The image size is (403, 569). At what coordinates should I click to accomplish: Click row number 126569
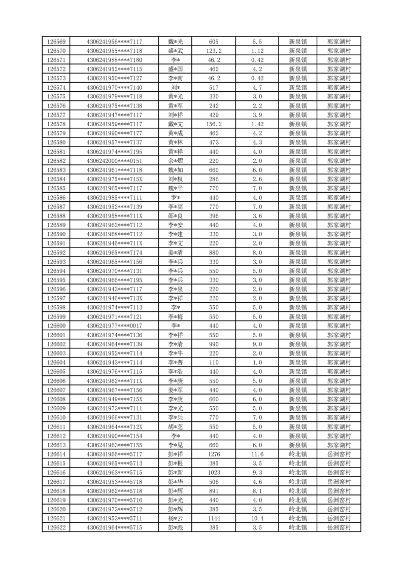coord(56,42)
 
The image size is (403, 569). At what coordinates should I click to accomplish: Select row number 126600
coord(56,326)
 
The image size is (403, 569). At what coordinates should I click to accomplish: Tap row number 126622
coord(56,528)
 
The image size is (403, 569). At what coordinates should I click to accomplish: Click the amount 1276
coord(214,454)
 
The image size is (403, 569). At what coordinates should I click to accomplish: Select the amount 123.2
coord(214,51)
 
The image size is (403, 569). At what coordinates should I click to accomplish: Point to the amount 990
coord(214,344)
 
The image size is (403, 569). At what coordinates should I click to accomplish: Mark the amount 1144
coord(214,519)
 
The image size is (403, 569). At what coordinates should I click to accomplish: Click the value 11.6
coord(257,454)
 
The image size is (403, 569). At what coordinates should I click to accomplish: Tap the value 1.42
coord(257,124)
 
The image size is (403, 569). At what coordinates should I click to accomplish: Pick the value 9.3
coord(257,473)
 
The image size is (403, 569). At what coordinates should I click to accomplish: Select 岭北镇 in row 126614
coord(297,454)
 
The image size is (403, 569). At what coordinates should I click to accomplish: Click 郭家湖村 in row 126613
coord(339,445)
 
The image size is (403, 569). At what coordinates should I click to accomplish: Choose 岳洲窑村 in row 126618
coord(339,491)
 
